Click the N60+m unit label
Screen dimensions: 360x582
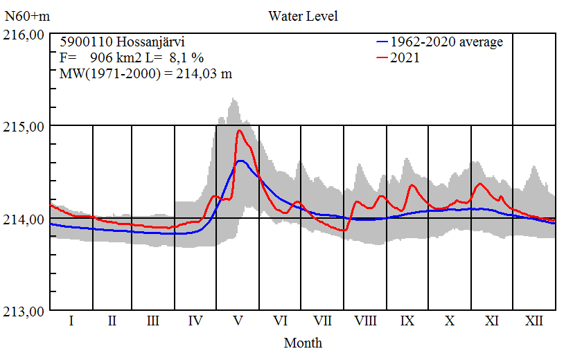coord(26,16)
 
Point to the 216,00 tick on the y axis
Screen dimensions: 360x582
coord(25,34)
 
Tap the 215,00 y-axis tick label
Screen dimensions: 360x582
coord(25,127)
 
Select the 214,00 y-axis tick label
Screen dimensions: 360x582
coord(25,219)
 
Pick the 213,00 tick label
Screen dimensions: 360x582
coord(25,312)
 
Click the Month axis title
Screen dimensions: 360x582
coord(303,343)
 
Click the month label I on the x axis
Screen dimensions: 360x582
coord(71,322)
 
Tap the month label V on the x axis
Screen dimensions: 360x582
coord(238,322)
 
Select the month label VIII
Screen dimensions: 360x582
coord(365,322)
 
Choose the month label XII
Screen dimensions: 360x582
coord(533,322)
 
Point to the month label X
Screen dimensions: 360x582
coord(450,322)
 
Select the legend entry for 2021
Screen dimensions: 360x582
coord(405,58)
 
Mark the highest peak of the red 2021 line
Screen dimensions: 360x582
coord(240,130)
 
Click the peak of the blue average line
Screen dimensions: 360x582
coord(240,161)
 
